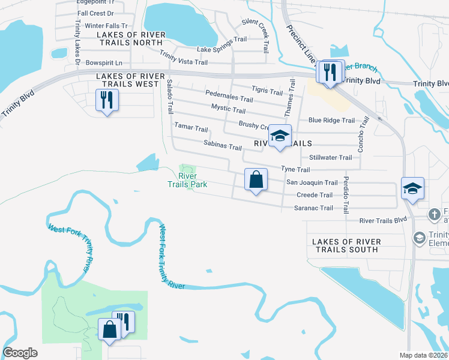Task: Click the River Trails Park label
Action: point(187,180)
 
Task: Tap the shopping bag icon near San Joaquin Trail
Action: point(256,180)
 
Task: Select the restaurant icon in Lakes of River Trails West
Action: point(107,101)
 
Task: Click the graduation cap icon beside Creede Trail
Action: point(412,188)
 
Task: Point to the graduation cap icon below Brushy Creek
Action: point(279,136)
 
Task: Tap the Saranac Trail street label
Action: point(313,208)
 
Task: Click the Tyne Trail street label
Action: point(295,170)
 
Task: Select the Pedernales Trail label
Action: point(229,98)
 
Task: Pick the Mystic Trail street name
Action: point(228,110)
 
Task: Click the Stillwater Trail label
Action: point(330,158)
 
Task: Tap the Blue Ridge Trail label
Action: point(331,120)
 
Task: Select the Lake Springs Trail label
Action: point(222,44)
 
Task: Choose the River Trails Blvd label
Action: point(383,221)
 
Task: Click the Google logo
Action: point(20,353)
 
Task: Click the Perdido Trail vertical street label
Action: point(346,195)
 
